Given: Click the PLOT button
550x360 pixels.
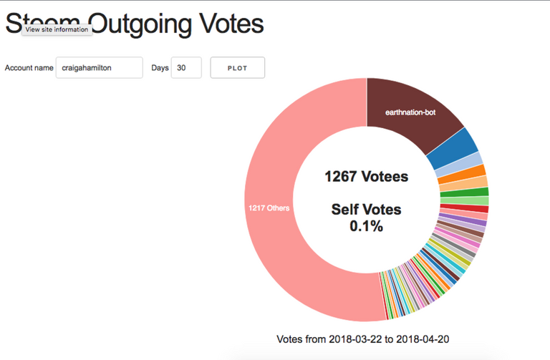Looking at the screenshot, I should coord(237,68).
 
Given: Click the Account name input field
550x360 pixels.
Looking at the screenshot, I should coord(99,68).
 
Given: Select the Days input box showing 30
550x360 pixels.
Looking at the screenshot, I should coord(185,68).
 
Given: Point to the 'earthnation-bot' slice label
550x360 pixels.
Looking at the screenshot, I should coord(410,112).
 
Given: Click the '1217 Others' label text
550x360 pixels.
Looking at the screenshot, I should coord(269,208).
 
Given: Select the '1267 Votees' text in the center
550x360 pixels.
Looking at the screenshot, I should coord(366,176).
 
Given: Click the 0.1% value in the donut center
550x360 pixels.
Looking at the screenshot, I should coord(366,226).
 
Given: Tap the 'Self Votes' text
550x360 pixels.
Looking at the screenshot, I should coord(366,210).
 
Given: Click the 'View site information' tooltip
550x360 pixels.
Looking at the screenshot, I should coord(57,29).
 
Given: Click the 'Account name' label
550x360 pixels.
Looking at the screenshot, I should coord(29,68).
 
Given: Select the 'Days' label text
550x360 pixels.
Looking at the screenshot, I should coord(160,68).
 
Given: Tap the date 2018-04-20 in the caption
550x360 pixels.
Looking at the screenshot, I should coord(428,339).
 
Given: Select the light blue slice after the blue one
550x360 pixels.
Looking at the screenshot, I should coord(474,160).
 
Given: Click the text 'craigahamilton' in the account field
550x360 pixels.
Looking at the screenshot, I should coord(88,68).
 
